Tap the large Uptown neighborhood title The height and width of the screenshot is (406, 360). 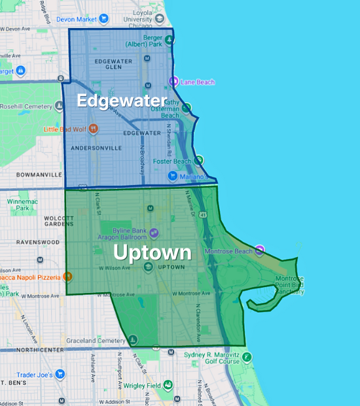(x=153, y=253)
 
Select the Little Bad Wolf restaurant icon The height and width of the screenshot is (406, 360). (x=93, y=129)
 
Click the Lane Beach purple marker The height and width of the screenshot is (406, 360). (x=173, y=82)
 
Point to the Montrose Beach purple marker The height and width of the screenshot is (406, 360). (x=260, y=250)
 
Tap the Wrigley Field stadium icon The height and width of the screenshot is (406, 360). (x=168, y=384)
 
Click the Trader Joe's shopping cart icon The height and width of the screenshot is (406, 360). (x=60, y=374)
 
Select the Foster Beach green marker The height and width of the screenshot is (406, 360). (x=199, y=160)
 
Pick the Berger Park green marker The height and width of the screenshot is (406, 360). (x=170, y=40)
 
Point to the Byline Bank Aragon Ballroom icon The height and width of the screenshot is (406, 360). (x=153, y=232)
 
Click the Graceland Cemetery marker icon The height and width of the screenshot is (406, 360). (x=133, y=339)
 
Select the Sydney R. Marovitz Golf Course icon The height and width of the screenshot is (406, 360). (x=247, y=357)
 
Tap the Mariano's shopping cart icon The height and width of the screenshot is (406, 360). (x=171, y=175)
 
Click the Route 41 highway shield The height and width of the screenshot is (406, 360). (x=205, y=214)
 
